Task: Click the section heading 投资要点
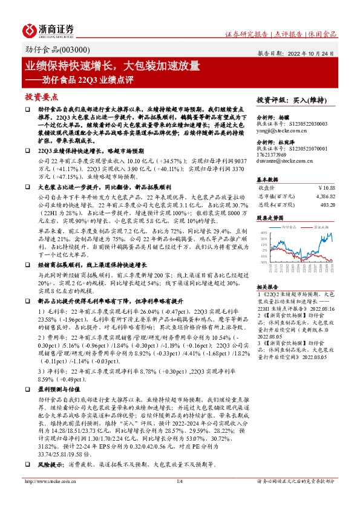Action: click(41, 96)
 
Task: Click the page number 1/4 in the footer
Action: click(180, 498)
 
